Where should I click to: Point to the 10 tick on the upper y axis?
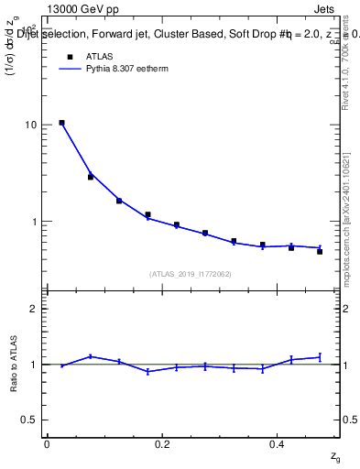tap(30, 125)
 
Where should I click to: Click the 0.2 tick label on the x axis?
tap(161, 444)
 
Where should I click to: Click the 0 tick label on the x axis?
tap(47, 444)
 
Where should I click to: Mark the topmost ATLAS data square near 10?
tap(61, 123)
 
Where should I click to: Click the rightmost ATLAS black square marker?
tap(320, 251)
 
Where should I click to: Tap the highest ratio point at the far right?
tap(320, 357)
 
